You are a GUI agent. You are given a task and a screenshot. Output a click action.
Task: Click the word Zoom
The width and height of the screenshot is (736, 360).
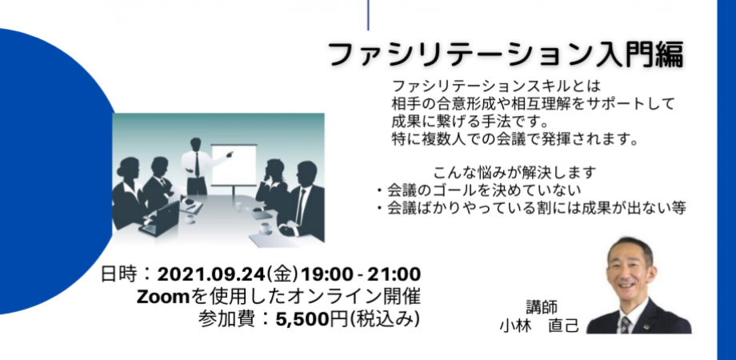pos(162,297)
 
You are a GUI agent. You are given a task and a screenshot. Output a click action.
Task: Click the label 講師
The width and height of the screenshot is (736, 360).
pos(541,306)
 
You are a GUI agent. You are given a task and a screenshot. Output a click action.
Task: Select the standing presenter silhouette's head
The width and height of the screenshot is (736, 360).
pos(196,144)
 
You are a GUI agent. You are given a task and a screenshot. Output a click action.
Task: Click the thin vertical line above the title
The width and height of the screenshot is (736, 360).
pos(369,14)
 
